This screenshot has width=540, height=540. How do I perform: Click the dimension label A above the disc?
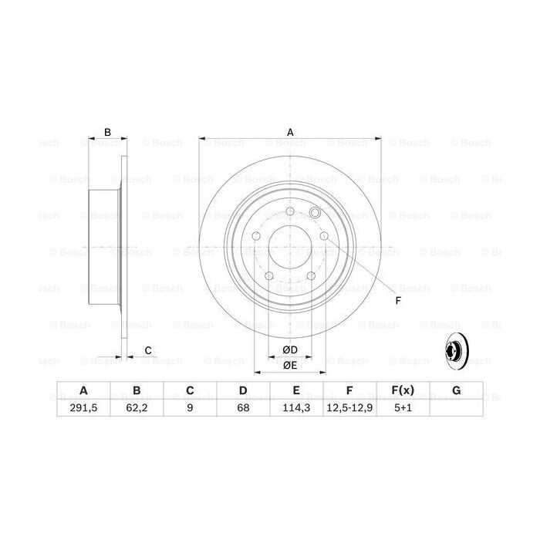point(291,132)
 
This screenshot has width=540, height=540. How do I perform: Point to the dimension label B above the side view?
point(108,132)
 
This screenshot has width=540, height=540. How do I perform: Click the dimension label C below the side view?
point(147,351)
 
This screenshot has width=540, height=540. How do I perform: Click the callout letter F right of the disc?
point(398,300)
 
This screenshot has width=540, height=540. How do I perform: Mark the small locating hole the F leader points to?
point(314,213)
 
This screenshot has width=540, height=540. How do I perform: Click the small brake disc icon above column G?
point(456,353)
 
